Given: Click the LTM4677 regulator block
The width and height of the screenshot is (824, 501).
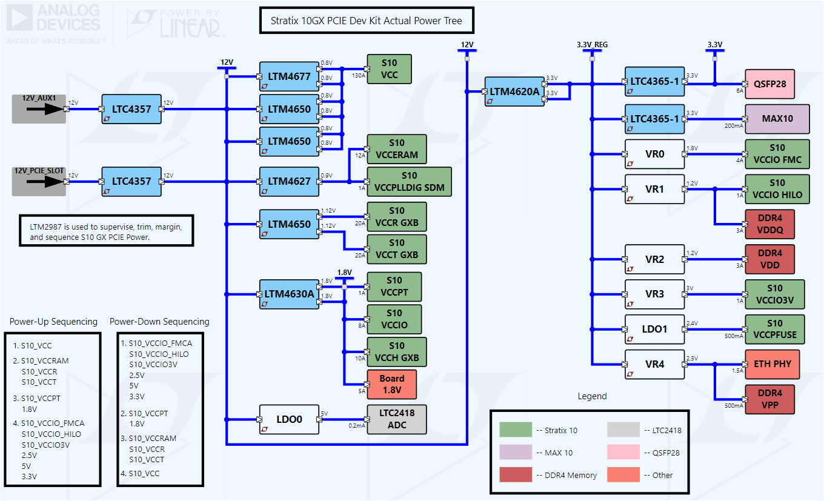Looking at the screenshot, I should (289, 76).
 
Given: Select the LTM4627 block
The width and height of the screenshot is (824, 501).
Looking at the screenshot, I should (289, 181).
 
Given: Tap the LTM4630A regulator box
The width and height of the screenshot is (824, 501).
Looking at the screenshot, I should (289, 294).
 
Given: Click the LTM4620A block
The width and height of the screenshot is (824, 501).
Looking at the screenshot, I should (514, 91).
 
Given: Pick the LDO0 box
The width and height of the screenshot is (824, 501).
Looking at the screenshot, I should (289, 419).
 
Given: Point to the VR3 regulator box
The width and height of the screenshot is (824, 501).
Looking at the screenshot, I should (654, 294).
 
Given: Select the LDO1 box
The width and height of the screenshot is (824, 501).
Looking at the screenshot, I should (654, 329).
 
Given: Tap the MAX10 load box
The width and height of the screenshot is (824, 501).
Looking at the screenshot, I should (777, 119).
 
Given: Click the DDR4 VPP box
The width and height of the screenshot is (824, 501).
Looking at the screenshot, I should (769, 399).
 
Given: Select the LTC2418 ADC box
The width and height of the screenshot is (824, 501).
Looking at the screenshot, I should (396, 419).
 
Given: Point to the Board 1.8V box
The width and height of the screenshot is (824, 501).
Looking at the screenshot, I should (391, 384).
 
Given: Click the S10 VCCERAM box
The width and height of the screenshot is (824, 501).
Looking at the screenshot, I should (396, 149).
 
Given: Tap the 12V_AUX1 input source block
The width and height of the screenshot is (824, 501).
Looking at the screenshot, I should (39, 109).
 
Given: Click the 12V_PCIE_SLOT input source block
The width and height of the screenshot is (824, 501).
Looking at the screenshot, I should (39, 182).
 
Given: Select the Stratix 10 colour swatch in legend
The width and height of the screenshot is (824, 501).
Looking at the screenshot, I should (516, 430).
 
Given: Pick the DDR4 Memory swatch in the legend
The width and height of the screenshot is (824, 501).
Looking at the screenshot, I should (516, 475).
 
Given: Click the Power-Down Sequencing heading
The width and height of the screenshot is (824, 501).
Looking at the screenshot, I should (159, 322).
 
